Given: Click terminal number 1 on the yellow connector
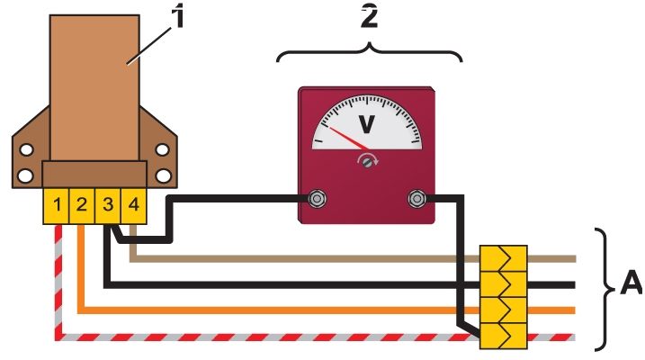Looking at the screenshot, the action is point(57,206).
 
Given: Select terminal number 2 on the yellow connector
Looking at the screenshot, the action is point(82,206).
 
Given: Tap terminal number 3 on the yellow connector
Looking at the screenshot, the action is point(108,206).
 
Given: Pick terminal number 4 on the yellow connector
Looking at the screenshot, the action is point(134,206).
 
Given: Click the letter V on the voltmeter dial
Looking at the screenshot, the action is point(367,124).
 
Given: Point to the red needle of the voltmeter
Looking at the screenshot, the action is point(349,139).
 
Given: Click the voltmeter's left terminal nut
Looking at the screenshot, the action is point(317,199).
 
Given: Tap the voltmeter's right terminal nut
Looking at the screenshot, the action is point(417,199).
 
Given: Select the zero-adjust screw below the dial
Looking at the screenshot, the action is point(368,162).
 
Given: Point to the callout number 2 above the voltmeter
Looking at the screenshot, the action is point(369,18).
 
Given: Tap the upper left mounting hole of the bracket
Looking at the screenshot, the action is point(26,149).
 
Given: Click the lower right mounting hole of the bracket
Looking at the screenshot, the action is point(164,175).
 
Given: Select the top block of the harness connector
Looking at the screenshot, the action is point(504,259).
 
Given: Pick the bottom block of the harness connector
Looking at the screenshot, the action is point(504,336).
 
